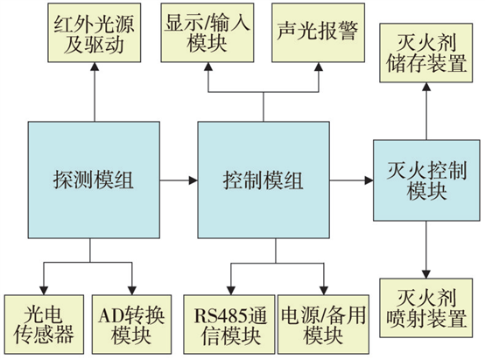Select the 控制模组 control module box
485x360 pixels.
pyautogui.click(x=264, y=180)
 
